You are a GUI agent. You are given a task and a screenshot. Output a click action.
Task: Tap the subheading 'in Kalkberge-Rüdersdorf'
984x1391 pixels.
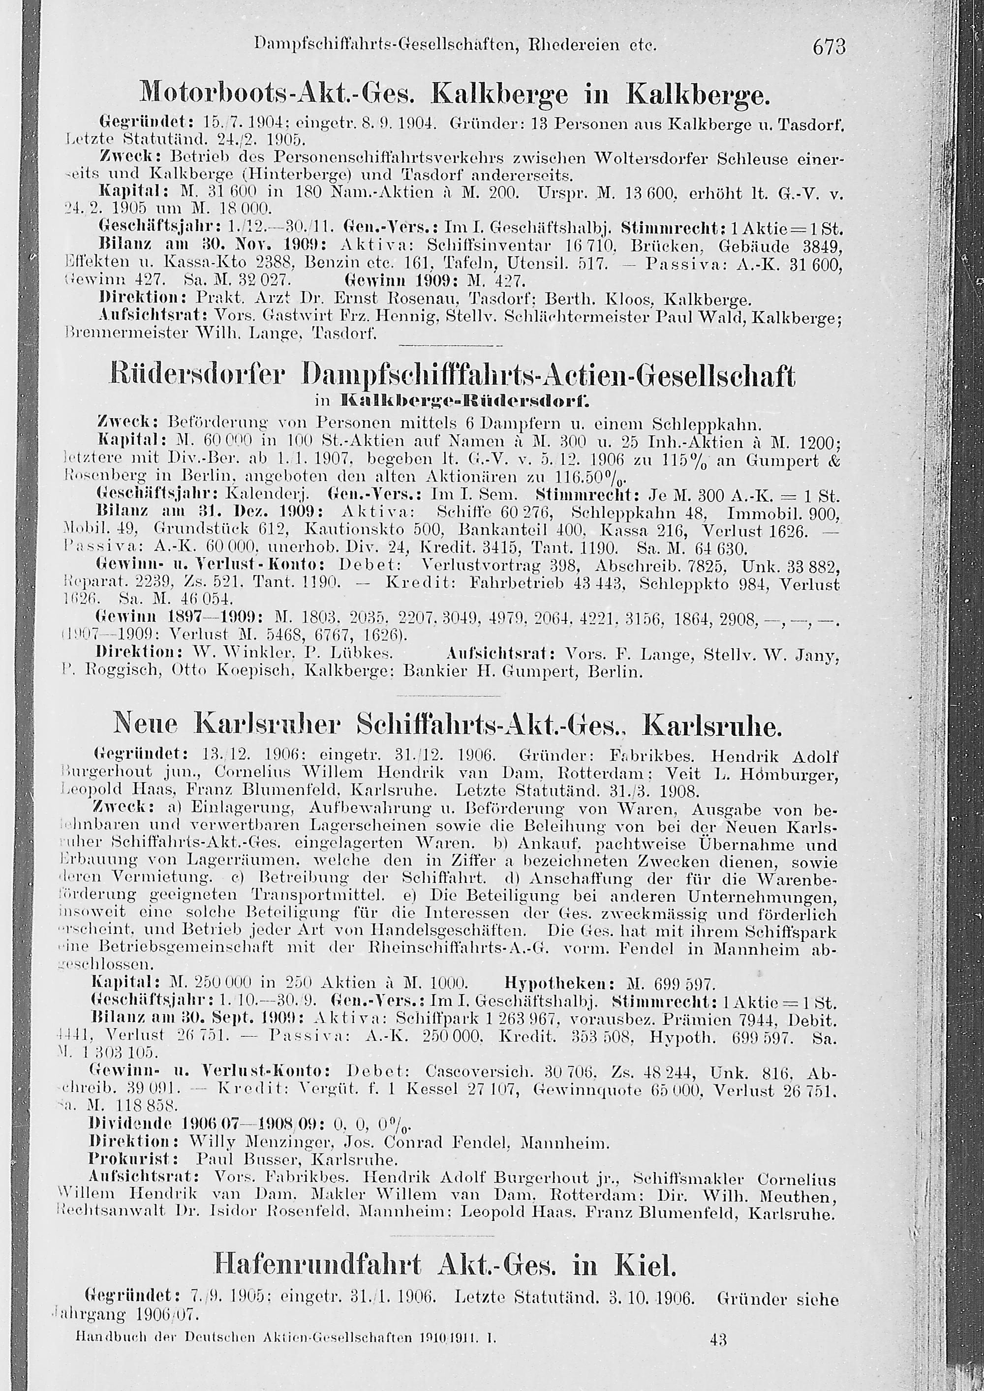[451, 400]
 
